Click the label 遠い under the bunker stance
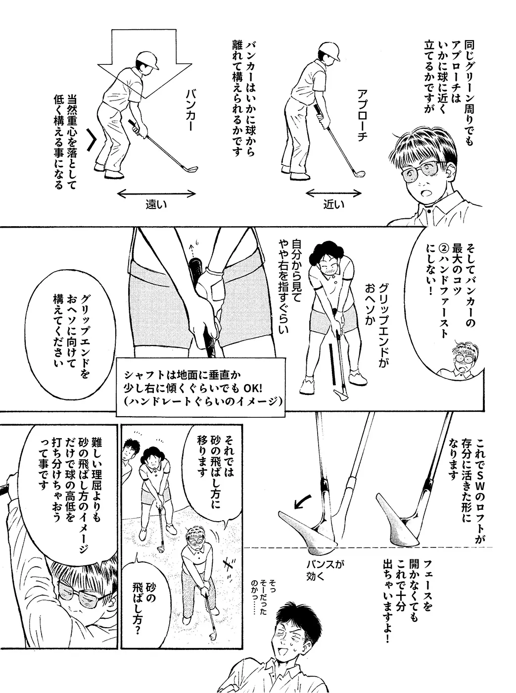coord(156,204)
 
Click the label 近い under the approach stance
coord(334,204)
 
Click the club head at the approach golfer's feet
coord(359,174)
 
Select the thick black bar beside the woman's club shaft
coord(332,364)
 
